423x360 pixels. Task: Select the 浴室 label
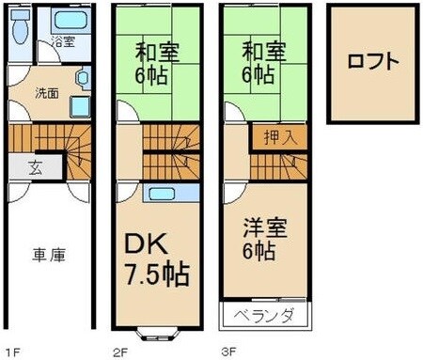point(63,41)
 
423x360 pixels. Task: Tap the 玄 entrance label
point(34,169)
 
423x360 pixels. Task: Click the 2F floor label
point(119,352)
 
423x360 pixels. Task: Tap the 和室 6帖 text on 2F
point(156,62)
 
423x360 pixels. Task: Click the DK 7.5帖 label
point(157,261)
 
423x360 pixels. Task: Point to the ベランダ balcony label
point(262,314)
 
